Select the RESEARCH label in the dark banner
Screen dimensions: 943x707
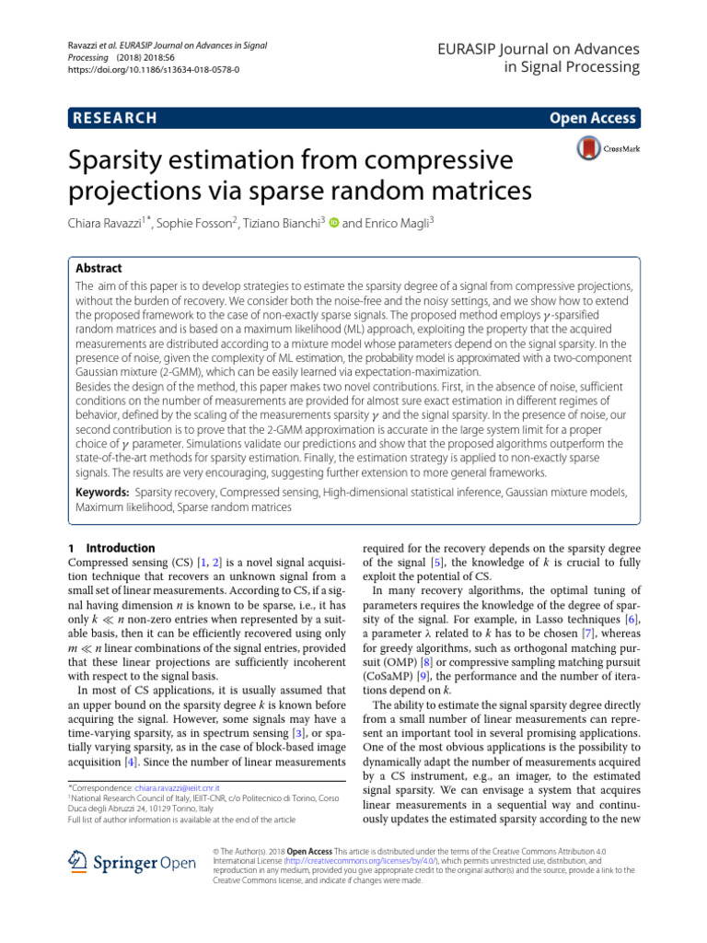(113, 118)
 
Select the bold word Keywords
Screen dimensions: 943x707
(101, 493)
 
